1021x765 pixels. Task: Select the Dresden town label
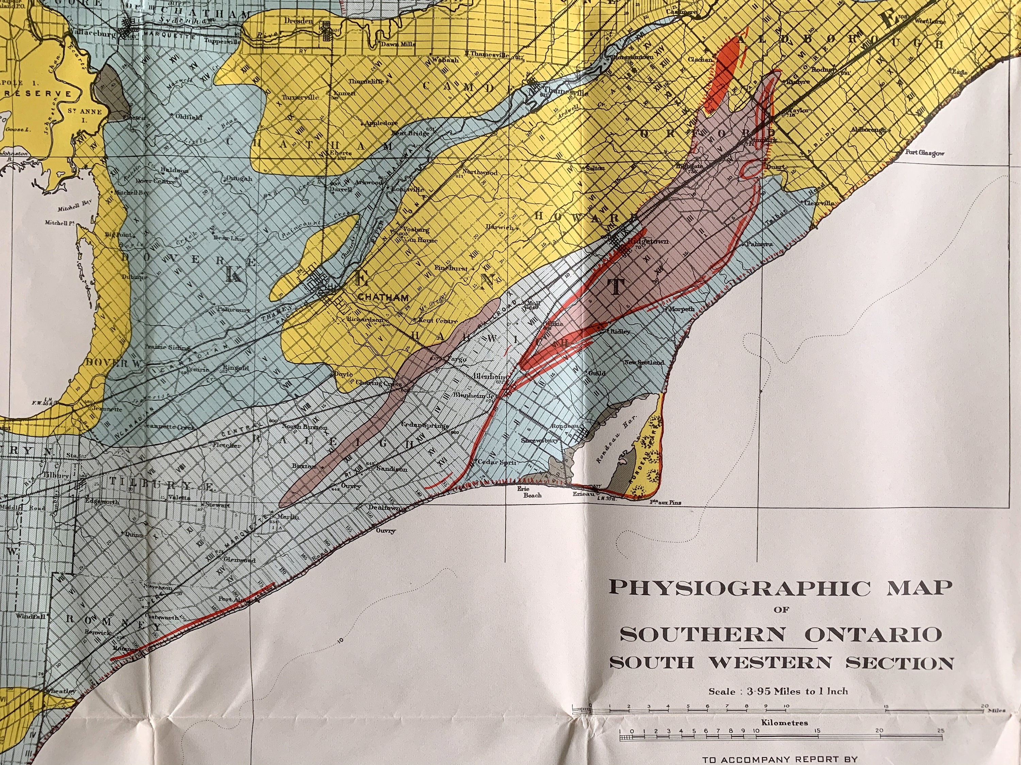point(298,21)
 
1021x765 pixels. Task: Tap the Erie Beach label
point(532,492)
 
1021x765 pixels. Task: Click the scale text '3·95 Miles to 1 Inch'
point(778,691)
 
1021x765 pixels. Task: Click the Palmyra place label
point(760,244)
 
